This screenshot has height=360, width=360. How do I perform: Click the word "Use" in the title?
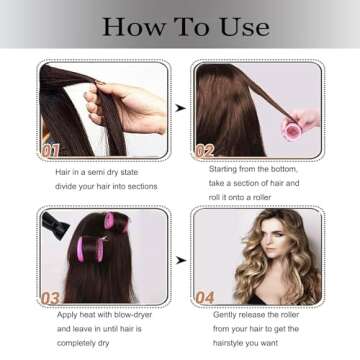(x=245, y=27)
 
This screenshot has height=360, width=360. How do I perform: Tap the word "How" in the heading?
(x=133, y=27)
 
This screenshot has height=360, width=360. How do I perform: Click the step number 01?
(x=50, y=151)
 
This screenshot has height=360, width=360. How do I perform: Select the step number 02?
(x=204, y=151)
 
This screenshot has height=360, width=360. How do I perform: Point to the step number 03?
(x=51, y=298)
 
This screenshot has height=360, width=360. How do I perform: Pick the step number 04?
(x=205, y=298)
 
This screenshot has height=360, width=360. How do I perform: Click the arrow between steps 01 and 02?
(x=180, y=108)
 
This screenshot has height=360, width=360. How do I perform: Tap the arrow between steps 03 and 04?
(x=181, y=260)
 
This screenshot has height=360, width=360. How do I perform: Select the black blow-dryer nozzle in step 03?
(x=56, y=226)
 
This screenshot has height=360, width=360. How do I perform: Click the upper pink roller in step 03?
(x=116, y=222)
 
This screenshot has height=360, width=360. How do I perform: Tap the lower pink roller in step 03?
(x=90, y=249)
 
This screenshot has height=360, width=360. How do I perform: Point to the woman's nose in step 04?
(x=278, y=238)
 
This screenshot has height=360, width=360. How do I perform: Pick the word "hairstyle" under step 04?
(x=228, y=343)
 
